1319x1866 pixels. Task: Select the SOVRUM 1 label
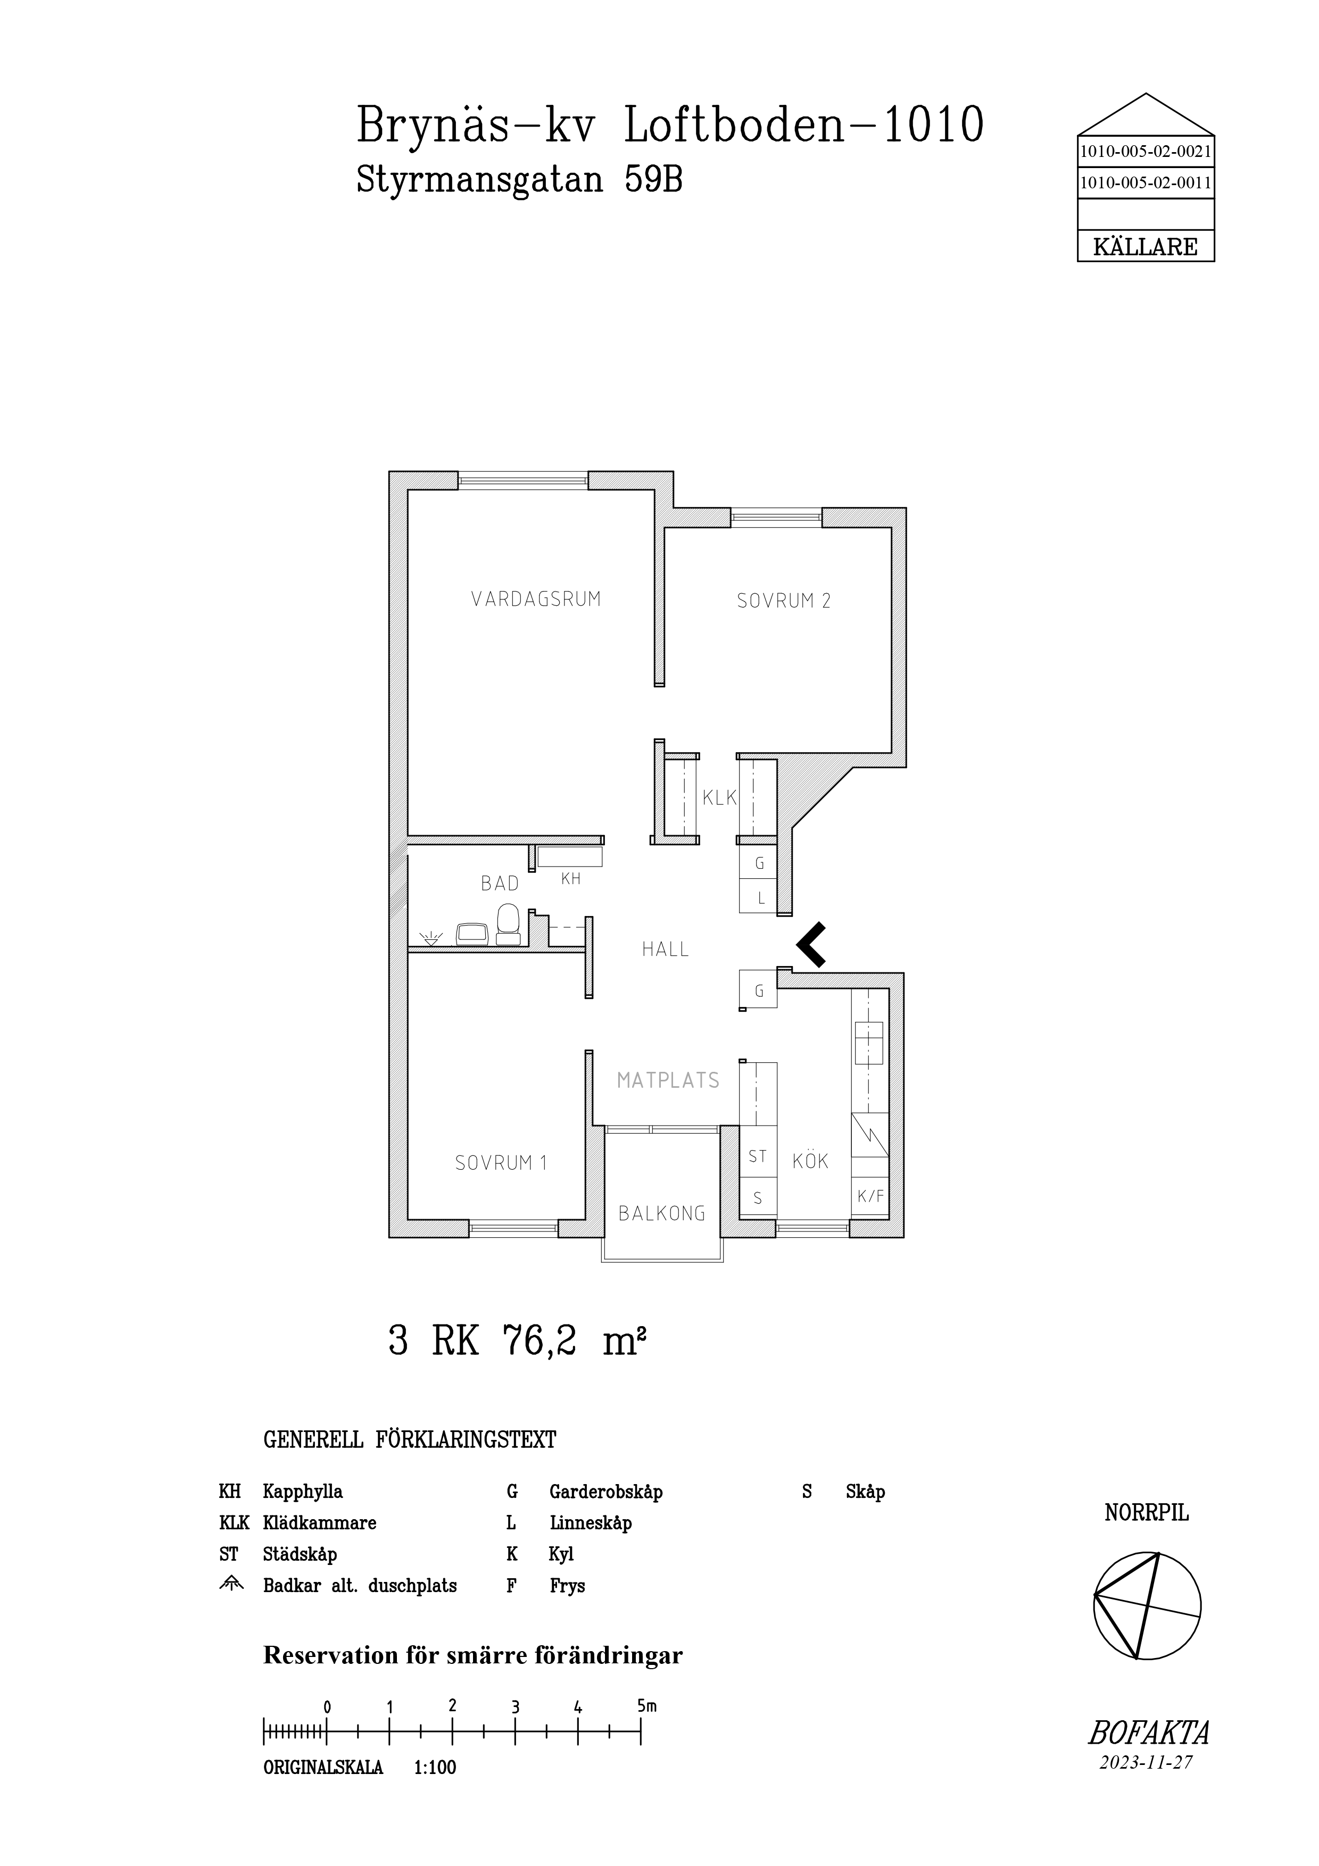[501, 1163]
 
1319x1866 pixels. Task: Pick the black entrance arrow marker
[811, 944]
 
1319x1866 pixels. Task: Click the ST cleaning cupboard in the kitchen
[758, 1156]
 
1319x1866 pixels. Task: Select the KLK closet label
[719, 798]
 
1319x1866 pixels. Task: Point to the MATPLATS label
[668, 1081]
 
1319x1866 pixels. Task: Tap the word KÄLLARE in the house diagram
[1145, 247]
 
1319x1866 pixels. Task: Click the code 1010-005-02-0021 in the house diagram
[1145, 151]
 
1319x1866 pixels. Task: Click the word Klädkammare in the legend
[319, 1523]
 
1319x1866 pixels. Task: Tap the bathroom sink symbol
[471, 934]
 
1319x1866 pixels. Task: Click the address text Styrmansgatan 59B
[519, 180]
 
